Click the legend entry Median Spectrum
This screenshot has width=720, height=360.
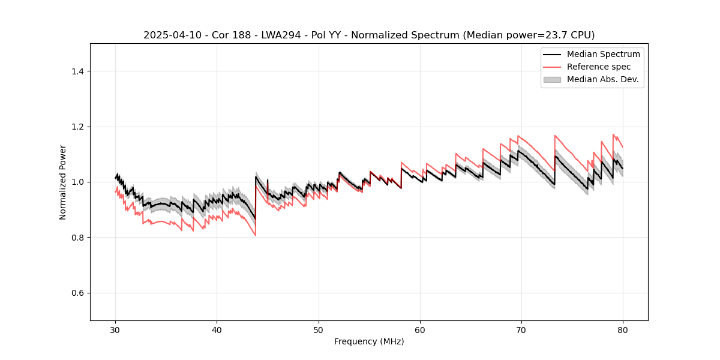[603, 54]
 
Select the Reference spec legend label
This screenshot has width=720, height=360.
[598, 67]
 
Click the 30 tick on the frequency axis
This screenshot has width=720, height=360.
[116, 329]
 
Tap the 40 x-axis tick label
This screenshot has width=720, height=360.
[217, 329]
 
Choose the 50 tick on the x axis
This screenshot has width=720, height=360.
[319, 329]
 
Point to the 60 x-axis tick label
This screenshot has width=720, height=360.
[420, 329]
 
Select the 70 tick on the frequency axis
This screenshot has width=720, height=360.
[521, 329]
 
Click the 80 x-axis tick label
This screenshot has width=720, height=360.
[623, 329]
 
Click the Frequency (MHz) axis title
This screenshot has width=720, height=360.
[369, 341]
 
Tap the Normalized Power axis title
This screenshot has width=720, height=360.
[63, 182]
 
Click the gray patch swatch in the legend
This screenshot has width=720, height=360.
[552, 79]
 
